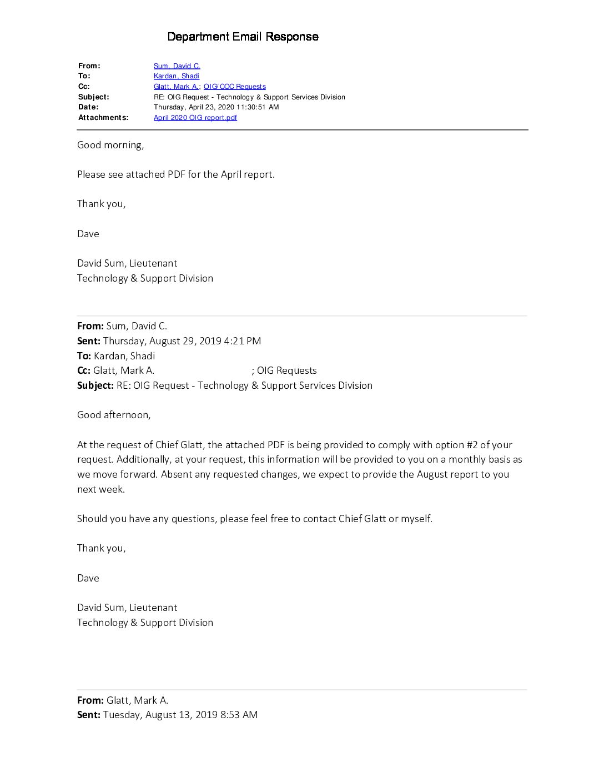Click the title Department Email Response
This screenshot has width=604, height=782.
[243, 37]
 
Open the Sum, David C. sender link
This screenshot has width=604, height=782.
[177, 66]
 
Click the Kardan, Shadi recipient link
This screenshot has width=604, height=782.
[176, 76]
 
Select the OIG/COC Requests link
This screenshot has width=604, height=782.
[234, 87]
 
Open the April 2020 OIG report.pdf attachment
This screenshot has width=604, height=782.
[195, 118]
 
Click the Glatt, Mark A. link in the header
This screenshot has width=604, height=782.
[176, 87]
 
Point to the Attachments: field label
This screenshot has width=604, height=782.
[103, 118]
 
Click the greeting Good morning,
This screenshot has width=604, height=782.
[110, 145]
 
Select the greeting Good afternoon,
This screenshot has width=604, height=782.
[114, 415]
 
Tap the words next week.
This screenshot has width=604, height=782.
[101, 489]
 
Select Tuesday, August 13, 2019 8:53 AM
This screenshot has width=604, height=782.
[180, 715]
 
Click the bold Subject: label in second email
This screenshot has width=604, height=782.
[95, 385]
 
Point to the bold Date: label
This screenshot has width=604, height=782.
[88, 107]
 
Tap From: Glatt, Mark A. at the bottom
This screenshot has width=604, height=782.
[123, 700]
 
